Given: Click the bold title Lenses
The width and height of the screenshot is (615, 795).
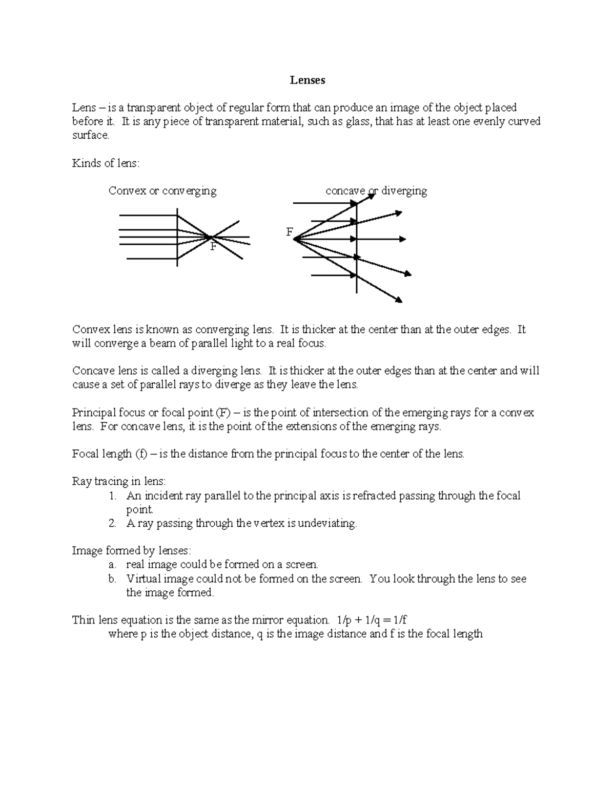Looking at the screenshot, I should pyautogui.click(x=307, y=80).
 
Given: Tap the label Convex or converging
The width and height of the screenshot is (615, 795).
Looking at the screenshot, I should pyautogui.click(x=162, y=191).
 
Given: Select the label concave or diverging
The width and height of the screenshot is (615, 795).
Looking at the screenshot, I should pyautogui.click(x=376, y=191).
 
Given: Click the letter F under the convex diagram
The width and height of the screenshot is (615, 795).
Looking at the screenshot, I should pyautogui.click(x=213, y=247).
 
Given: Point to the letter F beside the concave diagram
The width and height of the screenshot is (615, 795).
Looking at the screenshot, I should pyautogui.click(x=289, y=232).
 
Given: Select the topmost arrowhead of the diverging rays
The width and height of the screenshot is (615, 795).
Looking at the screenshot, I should pyautogui.click(x=398, y=212).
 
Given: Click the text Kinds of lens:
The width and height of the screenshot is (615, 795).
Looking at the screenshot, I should pyautogui.click(x=106, y=163).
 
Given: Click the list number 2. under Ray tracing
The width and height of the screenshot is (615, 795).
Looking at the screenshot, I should pyautogui.click(x=113, y=524).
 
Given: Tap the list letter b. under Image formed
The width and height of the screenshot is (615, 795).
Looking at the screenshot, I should pyautogui.click(x=113, y=579).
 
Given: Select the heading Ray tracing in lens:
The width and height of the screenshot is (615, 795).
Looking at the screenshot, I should pyautogui.click(x=119, y=482).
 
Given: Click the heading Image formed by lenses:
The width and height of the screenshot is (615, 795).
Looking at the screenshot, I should pyautogui.click(x=132, y=551).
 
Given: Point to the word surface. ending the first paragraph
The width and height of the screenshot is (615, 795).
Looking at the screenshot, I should pyautogui.click(x=91, y=136).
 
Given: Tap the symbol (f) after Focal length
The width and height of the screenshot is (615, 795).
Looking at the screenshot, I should pyautogui.click(x=141, y=454).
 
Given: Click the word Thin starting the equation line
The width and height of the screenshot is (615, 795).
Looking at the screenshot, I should pyautogui.click(x=84, y=620).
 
